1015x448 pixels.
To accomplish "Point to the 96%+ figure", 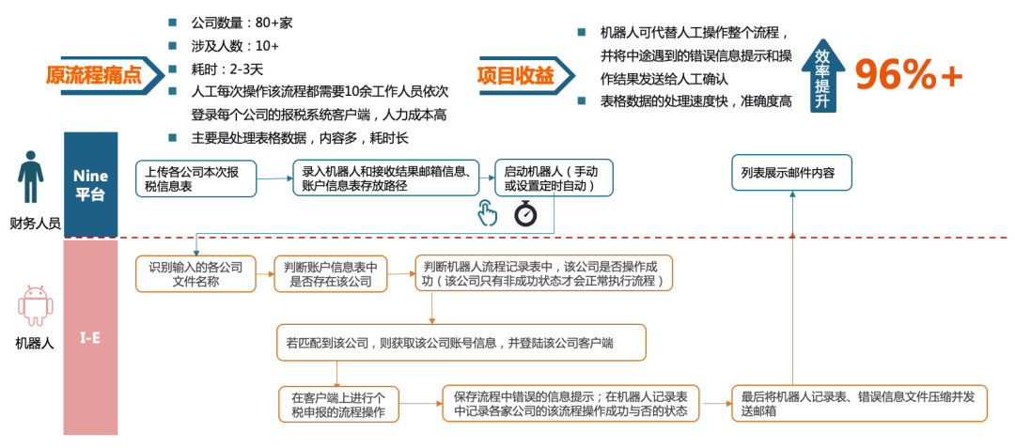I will [x=909, y=74].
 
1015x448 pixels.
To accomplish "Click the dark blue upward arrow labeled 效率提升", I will [x=823, y=75].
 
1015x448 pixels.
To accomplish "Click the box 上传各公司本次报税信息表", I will [x=196, y=179].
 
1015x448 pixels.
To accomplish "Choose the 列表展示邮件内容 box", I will [x=791, y=173].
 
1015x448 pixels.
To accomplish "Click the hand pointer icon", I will [x=487, y=213].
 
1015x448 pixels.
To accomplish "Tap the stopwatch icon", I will [x=524, y=213].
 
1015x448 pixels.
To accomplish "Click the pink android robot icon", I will [x=35, y=307].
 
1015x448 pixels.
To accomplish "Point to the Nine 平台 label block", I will [x=90, y=184].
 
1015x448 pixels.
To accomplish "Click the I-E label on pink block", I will [x=90, y=337].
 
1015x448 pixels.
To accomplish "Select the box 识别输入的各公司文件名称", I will [x=195, y=274].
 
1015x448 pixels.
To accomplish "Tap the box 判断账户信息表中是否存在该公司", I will [x=330, y=274].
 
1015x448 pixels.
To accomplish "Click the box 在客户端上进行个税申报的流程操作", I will [x=339, y=404].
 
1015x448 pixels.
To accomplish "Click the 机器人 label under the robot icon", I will [x=35, y=344].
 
